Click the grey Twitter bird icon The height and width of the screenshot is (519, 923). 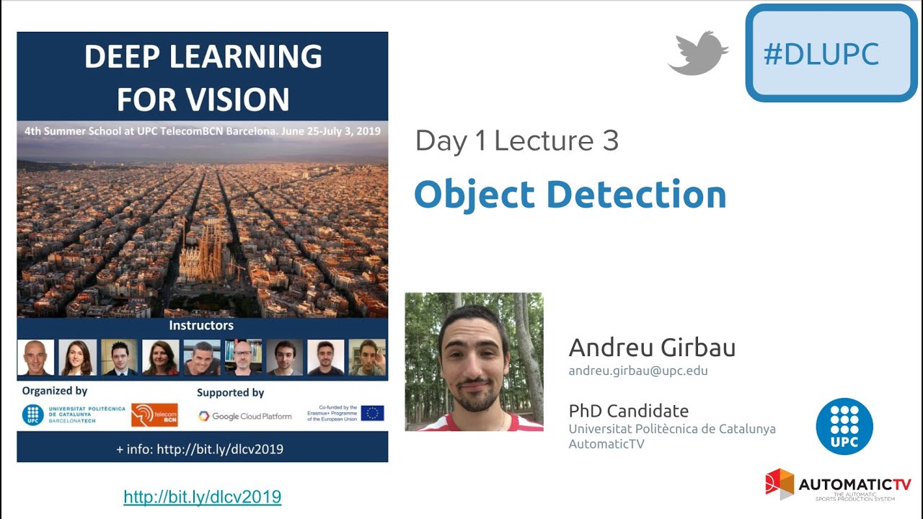697,53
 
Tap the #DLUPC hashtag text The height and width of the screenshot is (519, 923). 821,54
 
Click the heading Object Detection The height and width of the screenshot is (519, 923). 570,195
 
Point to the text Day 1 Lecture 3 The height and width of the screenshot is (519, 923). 516,141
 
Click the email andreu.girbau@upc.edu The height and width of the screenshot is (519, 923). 637,371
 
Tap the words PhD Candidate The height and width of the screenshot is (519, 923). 628,411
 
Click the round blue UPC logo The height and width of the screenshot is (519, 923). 844,426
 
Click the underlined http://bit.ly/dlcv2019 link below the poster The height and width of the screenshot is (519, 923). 202,497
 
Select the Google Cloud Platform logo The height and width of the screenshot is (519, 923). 245,416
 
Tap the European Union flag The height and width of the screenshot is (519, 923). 372,413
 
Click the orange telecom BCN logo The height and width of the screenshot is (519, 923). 154,414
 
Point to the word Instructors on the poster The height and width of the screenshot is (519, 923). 201,326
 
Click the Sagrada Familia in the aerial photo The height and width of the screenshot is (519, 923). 201,252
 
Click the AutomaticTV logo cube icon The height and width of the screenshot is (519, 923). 780,484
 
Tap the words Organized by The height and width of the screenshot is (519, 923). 55,391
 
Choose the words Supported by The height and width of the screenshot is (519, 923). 230,393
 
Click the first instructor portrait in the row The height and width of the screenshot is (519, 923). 35,358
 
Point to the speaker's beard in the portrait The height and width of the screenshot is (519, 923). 477,396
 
